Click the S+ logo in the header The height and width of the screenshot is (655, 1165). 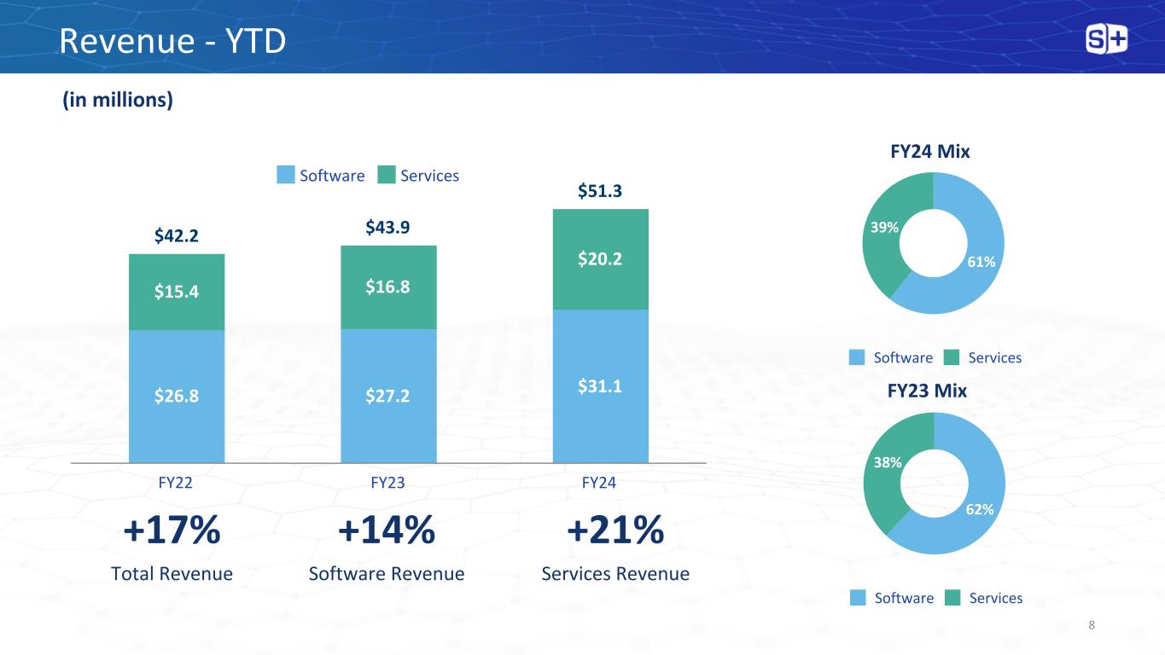[1106, 39]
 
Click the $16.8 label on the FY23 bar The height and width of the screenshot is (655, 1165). [388, 287]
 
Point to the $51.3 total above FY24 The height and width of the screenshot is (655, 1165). [600, 191]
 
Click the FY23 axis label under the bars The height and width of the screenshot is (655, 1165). [387, 483]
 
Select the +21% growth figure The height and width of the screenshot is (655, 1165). [615, 531]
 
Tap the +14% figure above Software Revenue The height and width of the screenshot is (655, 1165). [387, 531]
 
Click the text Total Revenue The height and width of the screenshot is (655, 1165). [172, 574]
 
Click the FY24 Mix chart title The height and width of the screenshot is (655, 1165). [930, 151]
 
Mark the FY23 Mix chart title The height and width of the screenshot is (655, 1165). [927, 391]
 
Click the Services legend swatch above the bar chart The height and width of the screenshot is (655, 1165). [387, 175]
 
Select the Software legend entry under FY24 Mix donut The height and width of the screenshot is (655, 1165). [891, 357]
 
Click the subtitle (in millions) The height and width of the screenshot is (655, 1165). [118, 100]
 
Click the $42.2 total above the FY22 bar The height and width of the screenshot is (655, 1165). [177, 235]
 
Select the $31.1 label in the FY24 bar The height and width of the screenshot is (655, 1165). [600, 386]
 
